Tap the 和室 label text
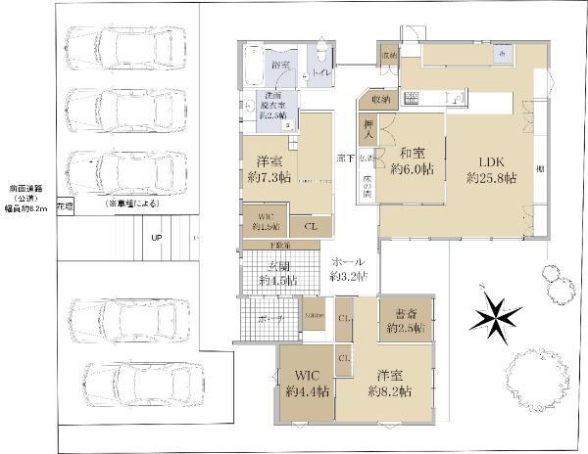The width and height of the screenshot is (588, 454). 413,153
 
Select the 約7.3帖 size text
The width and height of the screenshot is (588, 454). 269,178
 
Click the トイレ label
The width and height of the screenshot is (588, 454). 320,71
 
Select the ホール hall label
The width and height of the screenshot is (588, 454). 350,262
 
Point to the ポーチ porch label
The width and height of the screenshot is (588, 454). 271,319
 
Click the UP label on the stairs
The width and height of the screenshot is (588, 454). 156,238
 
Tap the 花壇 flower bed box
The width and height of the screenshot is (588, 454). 65,207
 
